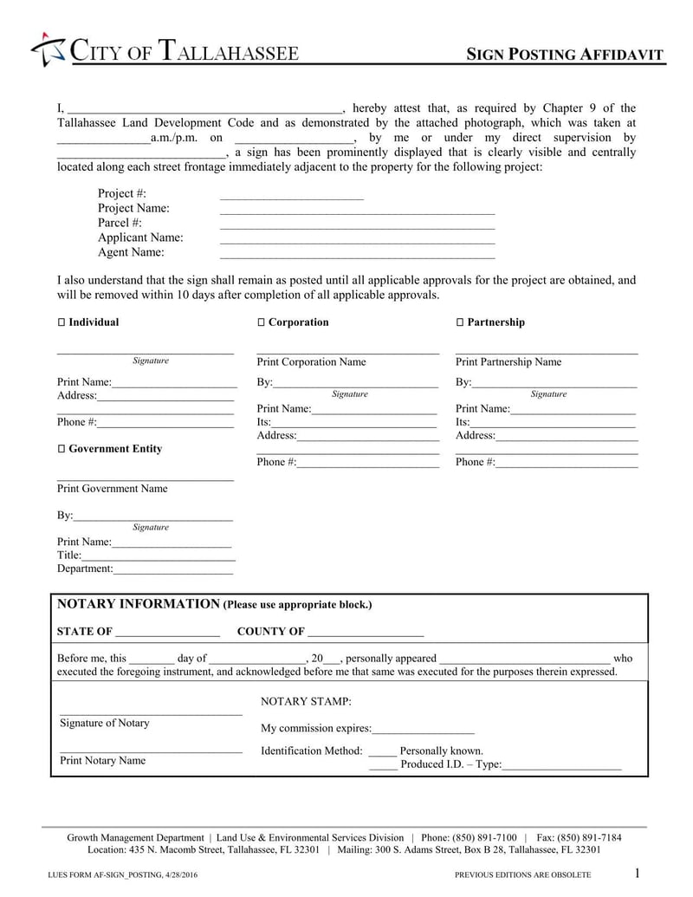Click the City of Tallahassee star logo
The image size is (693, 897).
(x=49, y=50)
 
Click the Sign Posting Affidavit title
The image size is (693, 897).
(x=566, y=55)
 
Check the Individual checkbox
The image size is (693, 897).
(x=62, y=322)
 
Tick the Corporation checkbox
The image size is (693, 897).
(x=261, y=322)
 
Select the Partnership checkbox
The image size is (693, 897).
(x=460, y=322)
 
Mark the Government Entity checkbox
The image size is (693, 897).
(x=62, y=449)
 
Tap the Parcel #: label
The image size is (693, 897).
(x=120, y=223)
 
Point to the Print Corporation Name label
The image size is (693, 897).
(x=311, y=362)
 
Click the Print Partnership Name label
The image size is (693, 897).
(x=508, y=362)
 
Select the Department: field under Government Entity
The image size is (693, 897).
(x=172, y=570)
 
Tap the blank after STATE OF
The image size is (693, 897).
(x=167, y=633)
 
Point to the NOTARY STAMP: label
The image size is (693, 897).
(x=306, y=701)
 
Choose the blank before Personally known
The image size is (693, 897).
(x=382, y=752)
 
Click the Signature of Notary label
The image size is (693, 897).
(x=104, y=724)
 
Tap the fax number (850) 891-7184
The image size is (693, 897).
(x=591, y=837)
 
